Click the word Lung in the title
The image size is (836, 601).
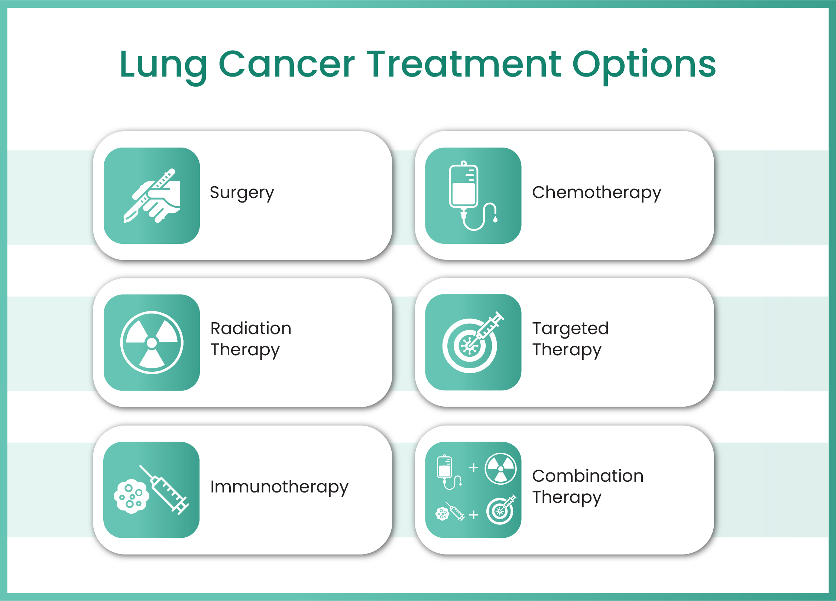pos(163,65)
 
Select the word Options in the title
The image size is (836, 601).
pos(644,65)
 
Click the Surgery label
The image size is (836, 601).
pos(242,193)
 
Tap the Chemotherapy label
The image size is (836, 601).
pos(596,193)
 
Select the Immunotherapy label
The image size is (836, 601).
pos(279,487)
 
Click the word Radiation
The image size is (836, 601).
pos(251,329)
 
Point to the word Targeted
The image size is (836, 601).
pos(570,329)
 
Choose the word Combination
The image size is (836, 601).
pos(587,476)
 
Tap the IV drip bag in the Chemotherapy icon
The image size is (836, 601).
pos(463,186)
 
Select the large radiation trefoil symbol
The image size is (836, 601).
pos(152,343)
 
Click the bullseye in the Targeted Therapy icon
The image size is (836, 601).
pos(469,346)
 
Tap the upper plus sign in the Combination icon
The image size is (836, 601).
pos(473,468)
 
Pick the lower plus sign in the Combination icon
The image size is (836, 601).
pos(473,515)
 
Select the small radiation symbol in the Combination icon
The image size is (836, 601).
pos(500,469)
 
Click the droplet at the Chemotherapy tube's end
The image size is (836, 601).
pos(495,219)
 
